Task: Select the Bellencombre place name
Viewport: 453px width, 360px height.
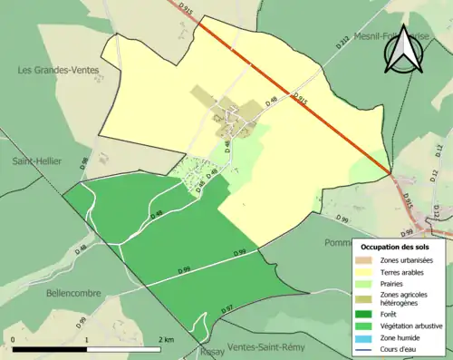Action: click(x=53, y=293)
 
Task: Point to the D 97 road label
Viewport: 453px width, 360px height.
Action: click(x=228, y=310)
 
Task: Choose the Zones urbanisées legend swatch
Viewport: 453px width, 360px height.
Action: click(x=367, y=260)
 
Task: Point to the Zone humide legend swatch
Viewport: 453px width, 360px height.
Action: click(x=367, y=337)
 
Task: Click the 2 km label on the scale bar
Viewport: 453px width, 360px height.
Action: click(x=165, y=339)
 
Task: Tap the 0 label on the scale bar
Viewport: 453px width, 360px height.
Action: click(x=14, y=339)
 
